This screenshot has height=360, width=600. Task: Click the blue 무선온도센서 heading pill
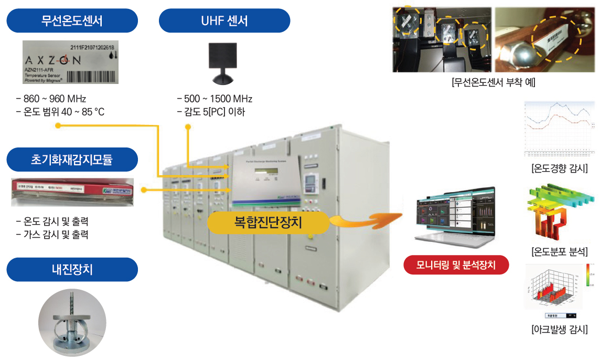pos(72,21)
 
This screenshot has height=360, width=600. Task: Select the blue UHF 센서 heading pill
pos(224,21)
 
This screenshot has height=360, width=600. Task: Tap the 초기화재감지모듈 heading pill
pos(72,160)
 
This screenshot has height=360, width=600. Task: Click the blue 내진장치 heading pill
pos(72,270)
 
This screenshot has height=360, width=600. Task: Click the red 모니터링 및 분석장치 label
pos(456,264)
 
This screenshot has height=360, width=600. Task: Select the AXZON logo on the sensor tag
pos(53,60)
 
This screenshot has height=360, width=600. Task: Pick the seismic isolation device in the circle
pos(72,321)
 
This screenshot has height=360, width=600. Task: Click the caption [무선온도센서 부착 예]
pos(492,82)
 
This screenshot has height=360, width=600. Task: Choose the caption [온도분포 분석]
pos(559,251)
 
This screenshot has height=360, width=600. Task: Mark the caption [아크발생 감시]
pos(559,330)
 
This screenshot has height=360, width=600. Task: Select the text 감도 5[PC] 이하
pos(211,112)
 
